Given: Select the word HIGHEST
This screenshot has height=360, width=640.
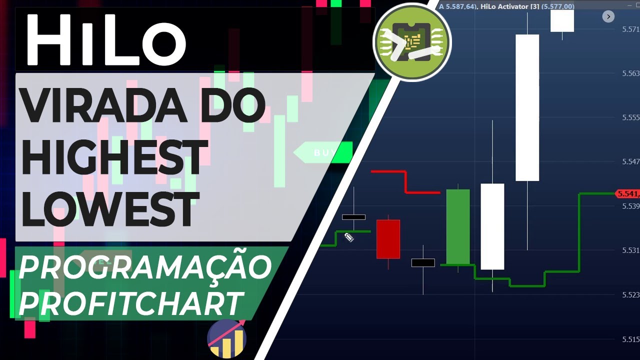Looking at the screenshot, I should pos(114,157).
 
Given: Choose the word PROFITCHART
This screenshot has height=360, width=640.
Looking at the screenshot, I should pos(131,302).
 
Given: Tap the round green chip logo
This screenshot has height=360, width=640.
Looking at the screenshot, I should pos(412,42).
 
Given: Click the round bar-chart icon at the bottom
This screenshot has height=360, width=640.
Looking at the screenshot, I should pos(226,338).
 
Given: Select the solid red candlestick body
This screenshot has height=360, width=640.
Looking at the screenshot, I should pos(388,239).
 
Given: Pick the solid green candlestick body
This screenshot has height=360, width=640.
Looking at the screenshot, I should pos(457,226).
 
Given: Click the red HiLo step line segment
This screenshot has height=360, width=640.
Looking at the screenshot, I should pos(405,181).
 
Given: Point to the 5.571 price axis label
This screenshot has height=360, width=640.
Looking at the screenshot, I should pos(630,29).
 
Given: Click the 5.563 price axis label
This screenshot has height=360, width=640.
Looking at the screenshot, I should pos(630,73).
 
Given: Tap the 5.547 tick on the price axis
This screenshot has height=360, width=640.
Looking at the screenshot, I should pos(630,161).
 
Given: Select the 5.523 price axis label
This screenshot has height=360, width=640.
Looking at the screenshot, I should pos(630,294).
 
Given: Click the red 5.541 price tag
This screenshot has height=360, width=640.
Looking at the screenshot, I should pos(627,193).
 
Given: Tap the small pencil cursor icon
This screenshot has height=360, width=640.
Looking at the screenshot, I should pos(349,237).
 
